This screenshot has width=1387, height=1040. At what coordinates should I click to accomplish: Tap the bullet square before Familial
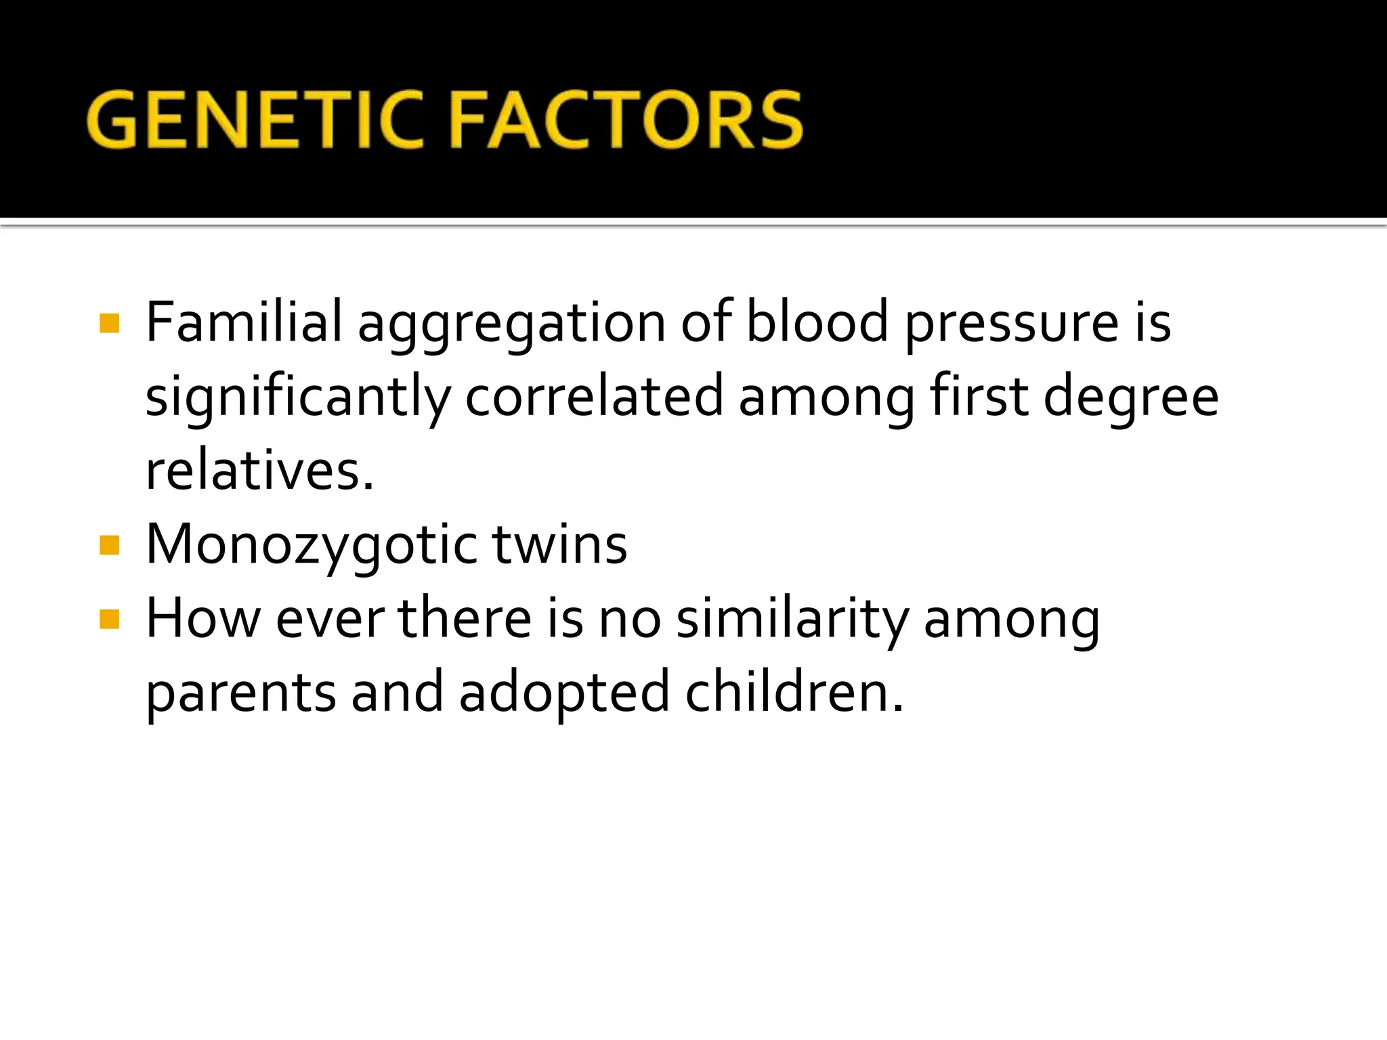coord(109,323)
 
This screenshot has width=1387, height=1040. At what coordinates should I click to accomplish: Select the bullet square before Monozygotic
coord(109,545)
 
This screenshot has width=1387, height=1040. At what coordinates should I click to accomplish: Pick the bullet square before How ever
coord(109,619)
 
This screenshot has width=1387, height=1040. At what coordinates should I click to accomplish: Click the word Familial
coord(244,322)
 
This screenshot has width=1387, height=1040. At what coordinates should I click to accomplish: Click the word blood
coord(816,322)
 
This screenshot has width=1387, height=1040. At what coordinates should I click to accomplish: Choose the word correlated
coord(594,396)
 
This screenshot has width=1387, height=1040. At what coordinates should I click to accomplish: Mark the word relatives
coord(259,471)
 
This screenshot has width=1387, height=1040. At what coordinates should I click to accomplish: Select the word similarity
coord(792,620)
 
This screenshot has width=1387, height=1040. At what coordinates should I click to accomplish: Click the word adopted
coord(565,695)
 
